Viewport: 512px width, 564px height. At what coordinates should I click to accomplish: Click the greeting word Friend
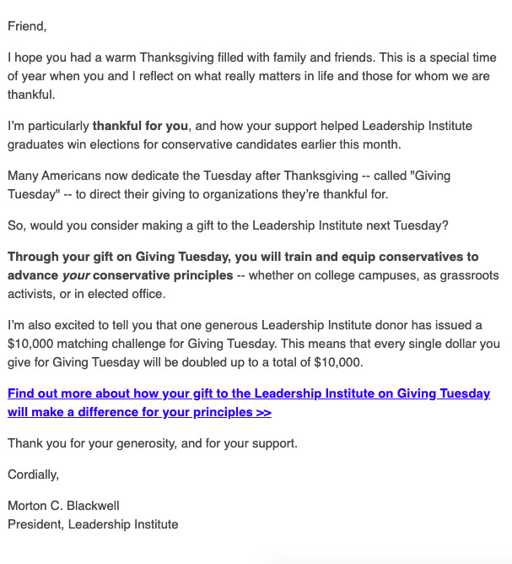click(x=27, y=25)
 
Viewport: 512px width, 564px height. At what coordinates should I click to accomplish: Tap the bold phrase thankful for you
click(x=140, y=126)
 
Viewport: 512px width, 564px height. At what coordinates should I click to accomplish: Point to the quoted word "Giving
click(x=429, y=176)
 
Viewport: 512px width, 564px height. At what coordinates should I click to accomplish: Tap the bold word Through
click(x=34, y=258)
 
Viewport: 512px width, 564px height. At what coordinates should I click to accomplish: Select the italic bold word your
click(x=76, y=275)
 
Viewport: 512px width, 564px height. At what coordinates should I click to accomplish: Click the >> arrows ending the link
click(x=262, y=412)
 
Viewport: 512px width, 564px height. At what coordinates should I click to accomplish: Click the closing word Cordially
click(x=34, y=475)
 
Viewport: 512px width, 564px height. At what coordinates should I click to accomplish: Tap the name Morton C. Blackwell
click(x=63, y=506)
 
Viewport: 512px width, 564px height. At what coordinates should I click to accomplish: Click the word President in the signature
click(x=35, y=524)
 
